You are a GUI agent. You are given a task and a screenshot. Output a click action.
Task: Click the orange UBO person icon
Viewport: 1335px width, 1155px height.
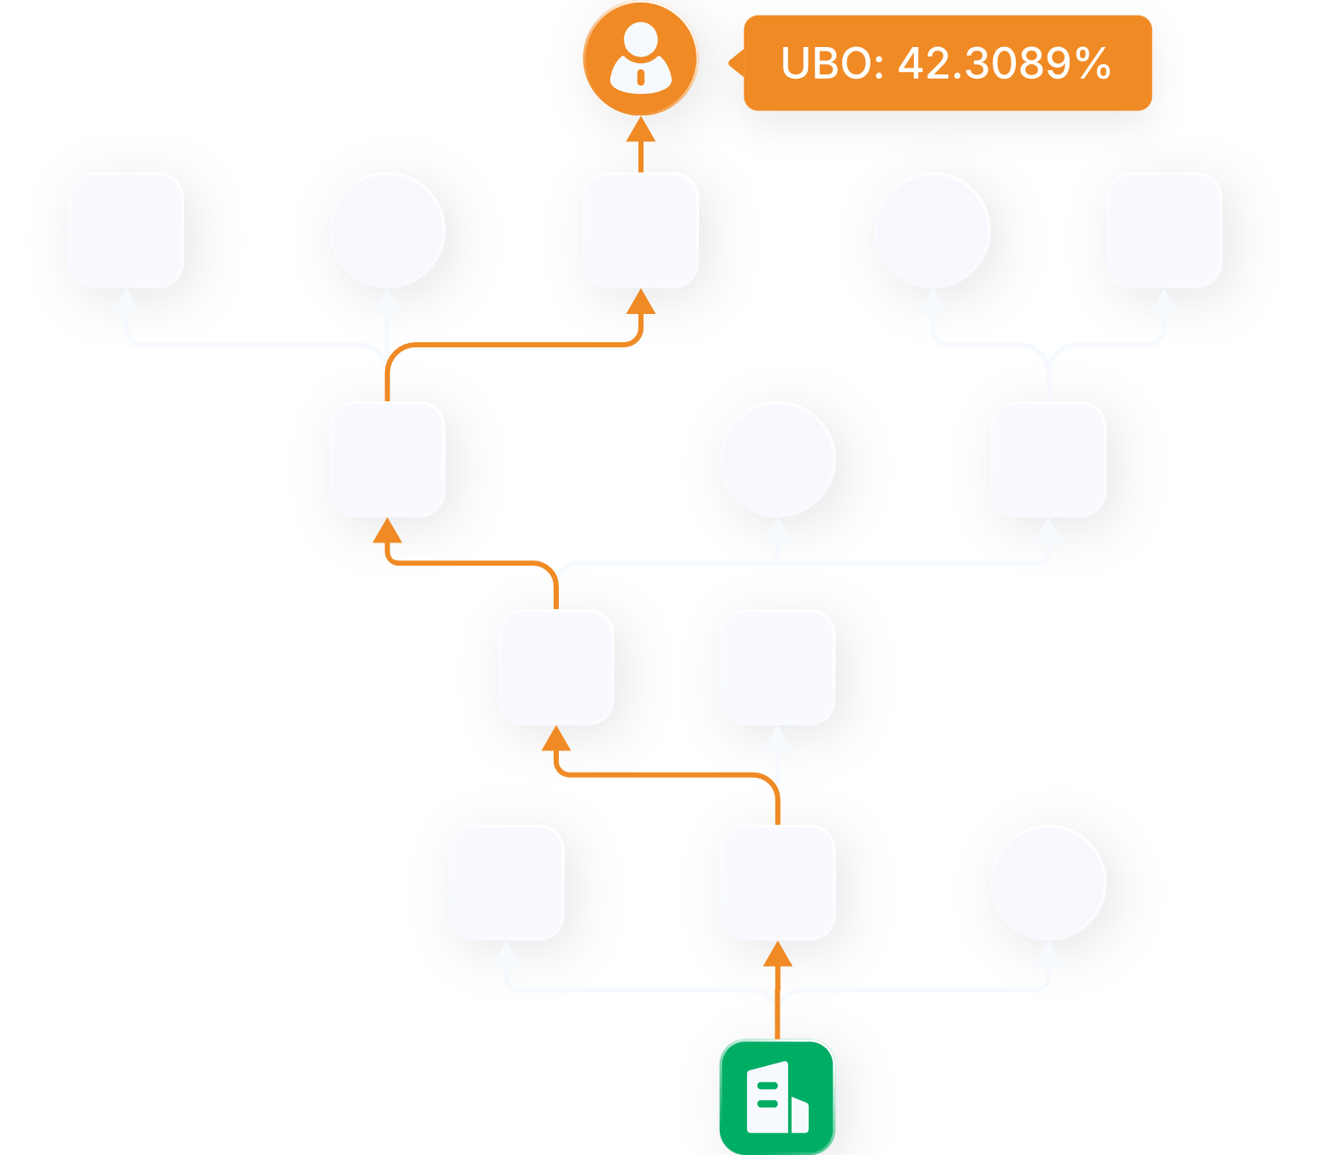click(x=640, y=59)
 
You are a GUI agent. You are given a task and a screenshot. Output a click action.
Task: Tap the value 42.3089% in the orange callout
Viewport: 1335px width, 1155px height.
click(x=1004, y=64)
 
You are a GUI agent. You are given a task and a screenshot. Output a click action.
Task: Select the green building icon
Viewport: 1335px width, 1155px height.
click(x=777, y=1097)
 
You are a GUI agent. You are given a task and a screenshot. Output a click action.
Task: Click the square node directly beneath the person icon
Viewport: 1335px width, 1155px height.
click(x=640, y=230)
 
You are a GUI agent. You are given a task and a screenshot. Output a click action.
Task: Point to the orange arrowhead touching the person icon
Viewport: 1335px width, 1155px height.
click(x=640, y=130)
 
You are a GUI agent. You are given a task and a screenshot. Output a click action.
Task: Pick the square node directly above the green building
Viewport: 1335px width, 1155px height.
click(x=777, y=882)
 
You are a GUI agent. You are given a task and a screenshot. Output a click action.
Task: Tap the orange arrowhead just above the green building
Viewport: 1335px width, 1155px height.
click(x=777, y=954)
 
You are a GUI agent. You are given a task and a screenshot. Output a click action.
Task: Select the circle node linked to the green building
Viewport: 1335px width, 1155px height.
click(x=1047, y=882)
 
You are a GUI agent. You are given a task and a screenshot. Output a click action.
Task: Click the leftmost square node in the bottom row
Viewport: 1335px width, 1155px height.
click(x=507, y=882)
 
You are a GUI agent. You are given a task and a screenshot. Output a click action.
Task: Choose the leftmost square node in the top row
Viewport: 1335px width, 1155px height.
click(x=126, y=230)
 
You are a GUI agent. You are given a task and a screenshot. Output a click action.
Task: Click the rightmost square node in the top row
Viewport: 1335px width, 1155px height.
click(x=1164, y=230)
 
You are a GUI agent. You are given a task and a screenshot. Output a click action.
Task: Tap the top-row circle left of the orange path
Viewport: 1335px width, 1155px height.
click(x=388, y=230)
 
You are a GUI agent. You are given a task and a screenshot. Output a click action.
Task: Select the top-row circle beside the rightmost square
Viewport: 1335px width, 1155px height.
click(x=933, y=230)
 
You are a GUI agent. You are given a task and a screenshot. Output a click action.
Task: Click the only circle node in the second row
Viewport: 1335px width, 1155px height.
click(x=777, y=459)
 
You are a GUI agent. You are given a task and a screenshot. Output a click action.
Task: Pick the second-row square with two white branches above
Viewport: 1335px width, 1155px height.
click(x=1047, y=459)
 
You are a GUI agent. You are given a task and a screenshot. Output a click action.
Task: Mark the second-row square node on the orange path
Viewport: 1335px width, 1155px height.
click(x=388, y=459)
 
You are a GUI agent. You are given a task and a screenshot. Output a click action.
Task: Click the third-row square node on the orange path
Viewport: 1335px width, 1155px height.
click(x=556, y=667)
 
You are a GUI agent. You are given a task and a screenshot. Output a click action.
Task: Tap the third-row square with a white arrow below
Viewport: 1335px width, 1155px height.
click(x=777, y=667)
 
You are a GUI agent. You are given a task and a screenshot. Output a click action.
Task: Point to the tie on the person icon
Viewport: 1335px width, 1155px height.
click(x=640, y=78)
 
